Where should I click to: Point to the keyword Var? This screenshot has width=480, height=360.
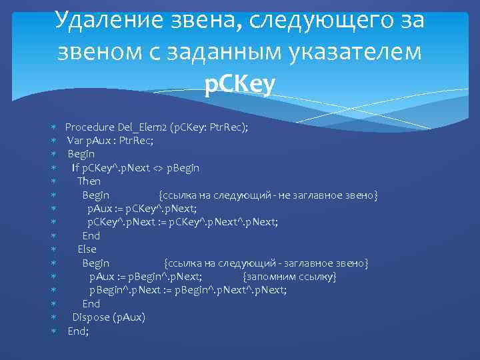coord(74,140)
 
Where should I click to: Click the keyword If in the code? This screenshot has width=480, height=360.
coord(76,167)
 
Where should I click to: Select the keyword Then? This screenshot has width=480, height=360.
coord(89,181)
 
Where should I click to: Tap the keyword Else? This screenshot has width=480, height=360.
coord(87,249)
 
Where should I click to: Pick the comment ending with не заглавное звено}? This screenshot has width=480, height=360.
coord(268,195)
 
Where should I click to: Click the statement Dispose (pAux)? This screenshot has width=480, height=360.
coord(108,317)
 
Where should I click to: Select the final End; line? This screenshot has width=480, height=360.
coord(78,331)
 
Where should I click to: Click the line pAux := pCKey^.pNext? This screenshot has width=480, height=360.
coord(142,209)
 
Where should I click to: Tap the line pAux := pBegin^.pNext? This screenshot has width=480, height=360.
coord(146,277)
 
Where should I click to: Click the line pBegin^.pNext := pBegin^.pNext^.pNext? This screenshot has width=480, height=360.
coord(188,290)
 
